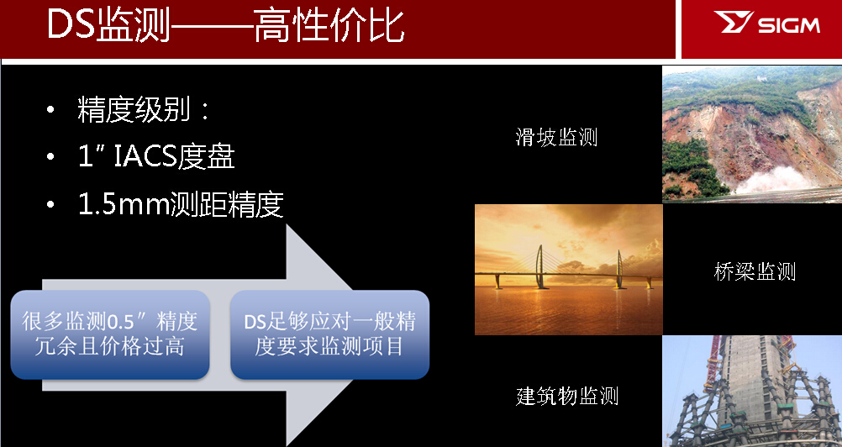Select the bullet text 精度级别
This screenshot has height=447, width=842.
pyautogui.click(x=134, y=110)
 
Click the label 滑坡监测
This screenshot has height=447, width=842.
pyautogui.click(x=556, y=137)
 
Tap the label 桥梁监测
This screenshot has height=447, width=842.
pyautogui.click(x=755, y=271)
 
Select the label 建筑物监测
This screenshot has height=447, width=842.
pyautogui.click(x=567, y=396)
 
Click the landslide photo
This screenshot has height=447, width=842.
pyautogui.click(x=751, y=134)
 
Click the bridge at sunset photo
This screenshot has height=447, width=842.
pyautogui.click(x=568, y=270)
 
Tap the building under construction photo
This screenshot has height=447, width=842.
pyautogui.click(x=751, y=392)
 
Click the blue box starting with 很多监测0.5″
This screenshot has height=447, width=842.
pyautogui.click(x=109, y=334)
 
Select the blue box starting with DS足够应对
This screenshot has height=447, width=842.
pyautogui.click(x=329, y=334)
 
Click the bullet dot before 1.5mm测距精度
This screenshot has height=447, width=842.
pyautogui.click(x=52, y=204)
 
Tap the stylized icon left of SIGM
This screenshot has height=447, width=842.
pyautogui.click(x=730, y=24)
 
